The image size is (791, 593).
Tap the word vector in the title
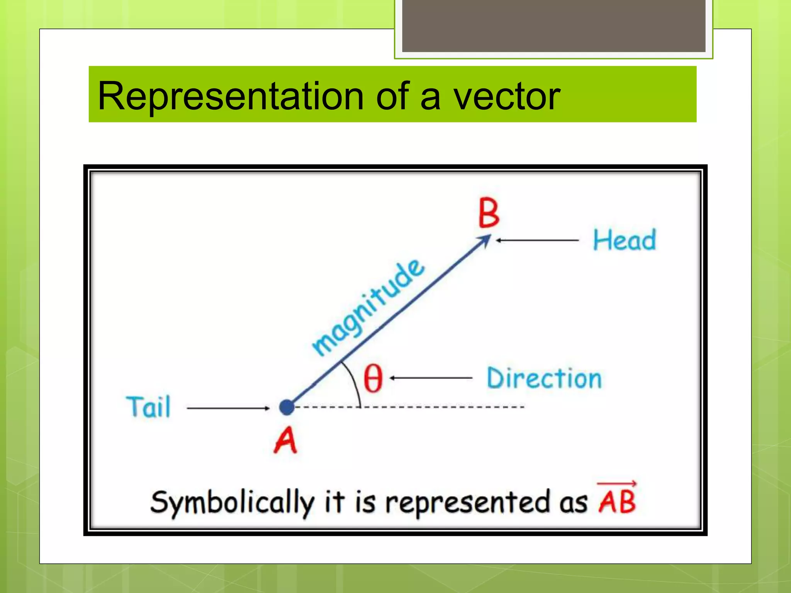coord(506,97)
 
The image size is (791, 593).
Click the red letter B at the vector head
coord(489,213)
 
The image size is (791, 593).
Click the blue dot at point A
coord(287,407)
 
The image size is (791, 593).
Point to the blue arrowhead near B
coord(484,241)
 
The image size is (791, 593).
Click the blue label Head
coord(624,240)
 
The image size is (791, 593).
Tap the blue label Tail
coord(148,407)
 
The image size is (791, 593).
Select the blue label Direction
coord(544,378)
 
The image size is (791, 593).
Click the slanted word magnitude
coord(368,307)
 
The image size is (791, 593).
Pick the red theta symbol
coord(373,378)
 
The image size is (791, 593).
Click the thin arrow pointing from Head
coord(537,240)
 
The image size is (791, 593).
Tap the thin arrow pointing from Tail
coord(228,408)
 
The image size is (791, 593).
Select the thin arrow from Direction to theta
coord(431,378)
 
